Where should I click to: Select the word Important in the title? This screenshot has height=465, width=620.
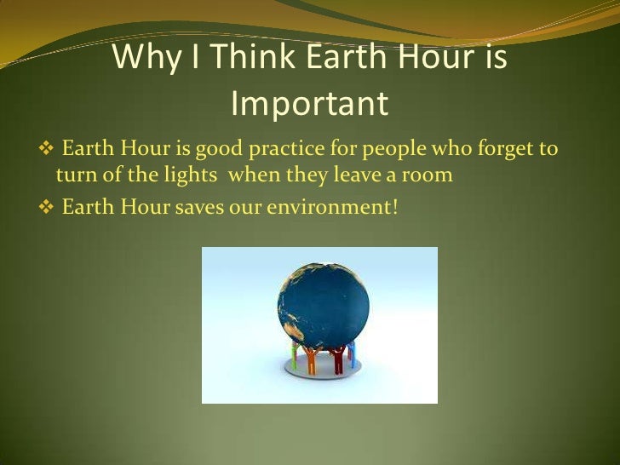310,104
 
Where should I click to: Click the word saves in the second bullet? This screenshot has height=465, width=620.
198,206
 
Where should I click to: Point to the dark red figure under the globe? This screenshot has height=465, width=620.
338,359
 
